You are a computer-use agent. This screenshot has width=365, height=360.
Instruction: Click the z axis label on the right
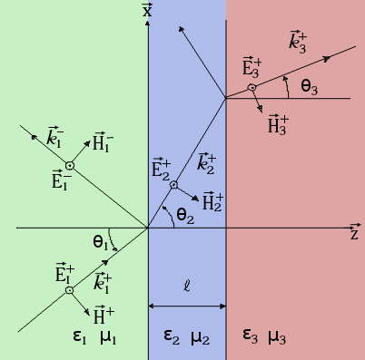point(354,234)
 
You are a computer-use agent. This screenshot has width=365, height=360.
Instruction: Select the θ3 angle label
point(309,87)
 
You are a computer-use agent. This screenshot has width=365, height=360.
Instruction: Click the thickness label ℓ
point(186,287)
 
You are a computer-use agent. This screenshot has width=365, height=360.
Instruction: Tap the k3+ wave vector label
point(299,41)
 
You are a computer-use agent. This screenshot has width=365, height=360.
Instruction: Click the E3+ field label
point(252,67)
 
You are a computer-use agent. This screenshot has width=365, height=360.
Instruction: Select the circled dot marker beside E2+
point(174,185)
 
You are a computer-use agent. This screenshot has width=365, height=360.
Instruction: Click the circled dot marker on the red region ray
point(252,87)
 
